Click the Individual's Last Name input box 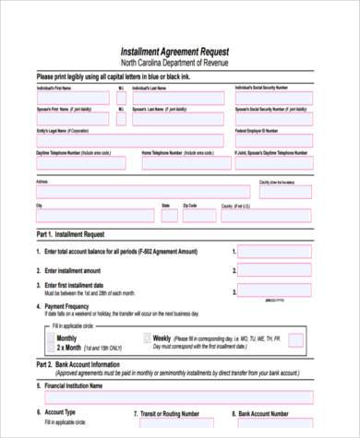[x=177, y=98]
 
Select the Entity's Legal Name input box [x=129, y=140]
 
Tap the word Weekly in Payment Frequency [x=162, y=338]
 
